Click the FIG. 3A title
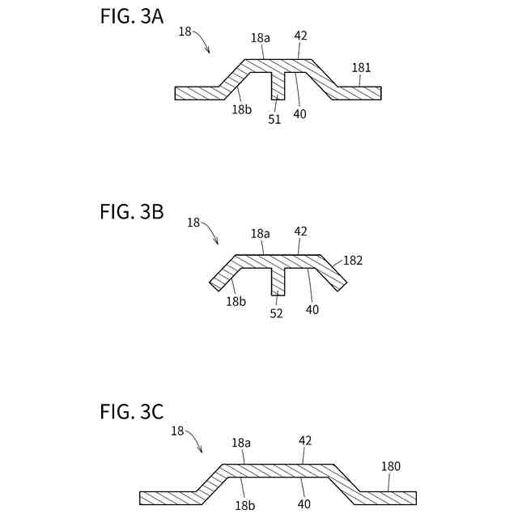132,17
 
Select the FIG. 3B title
132,212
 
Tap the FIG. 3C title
132,411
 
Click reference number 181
361,68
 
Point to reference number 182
353,261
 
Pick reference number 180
390,466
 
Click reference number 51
274,119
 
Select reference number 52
276,313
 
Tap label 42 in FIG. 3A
301,36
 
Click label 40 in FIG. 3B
312,308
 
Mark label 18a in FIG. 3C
241,443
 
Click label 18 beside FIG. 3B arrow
193,222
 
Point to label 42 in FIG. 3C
305,440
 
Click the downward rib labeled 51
278,86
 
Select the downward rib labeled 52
278,281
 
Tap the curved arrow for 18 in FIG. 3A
202,40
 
